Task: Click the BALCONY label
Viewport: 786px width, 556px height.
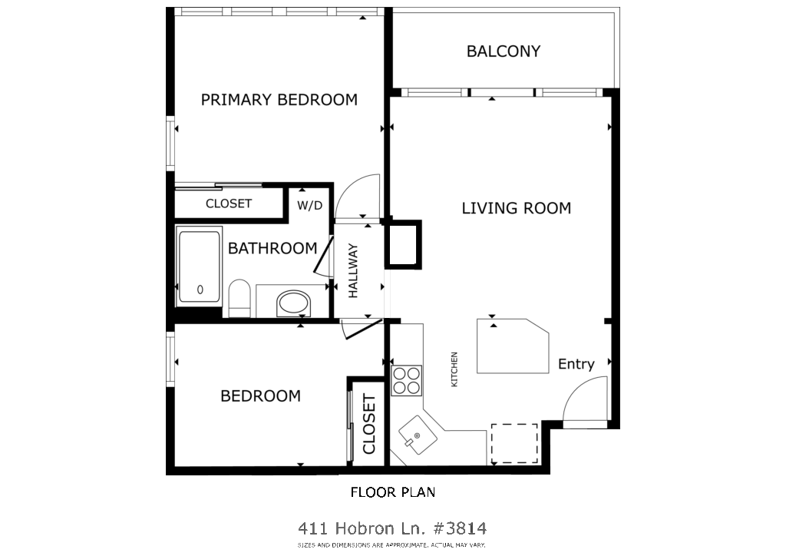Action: tap(504, 51)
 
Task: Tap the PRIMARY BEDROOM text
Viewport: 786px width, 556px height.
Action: tap(279, 100)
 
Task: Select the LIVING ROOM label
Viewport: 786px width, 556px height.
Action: tap(517, 208)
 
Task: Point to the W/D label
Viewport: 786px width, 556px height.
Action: tap(310, 205)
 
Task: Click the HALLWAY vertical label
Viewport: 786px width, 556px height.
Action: tap(353, 271)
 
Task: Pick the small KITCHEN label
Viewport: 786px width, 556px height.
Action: tap(454, 369)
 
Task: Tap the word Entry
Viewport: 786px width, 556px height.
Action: tap(576, 364)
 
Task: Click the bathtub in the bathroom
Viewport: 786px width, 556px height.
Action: tap(199, 266)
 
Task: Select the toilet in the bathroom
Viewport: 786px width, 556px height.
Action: tap(239, 299)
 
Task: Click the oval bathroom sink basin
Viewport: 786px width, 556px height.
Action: tap(293, 303)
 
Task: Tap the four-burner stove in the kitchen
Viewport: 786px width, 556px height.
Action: tap(407, 381)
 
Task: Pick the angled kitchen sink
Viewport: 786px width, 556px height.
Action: tap(418, 434)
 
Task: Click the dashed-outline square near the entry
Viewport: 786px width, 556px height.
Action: tap(514, 444)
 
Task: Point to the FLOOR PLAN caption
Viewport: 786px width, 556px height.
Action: tap(393, 492)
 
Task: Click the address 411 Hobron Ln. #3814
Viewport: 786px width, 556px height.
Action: tap(392, 528)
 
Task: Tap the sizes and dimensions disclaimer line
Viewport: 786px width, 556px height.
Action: tap(391, 545)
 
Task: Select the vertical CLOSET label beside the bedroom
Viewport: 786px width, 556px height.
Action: tap(369, 424)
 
